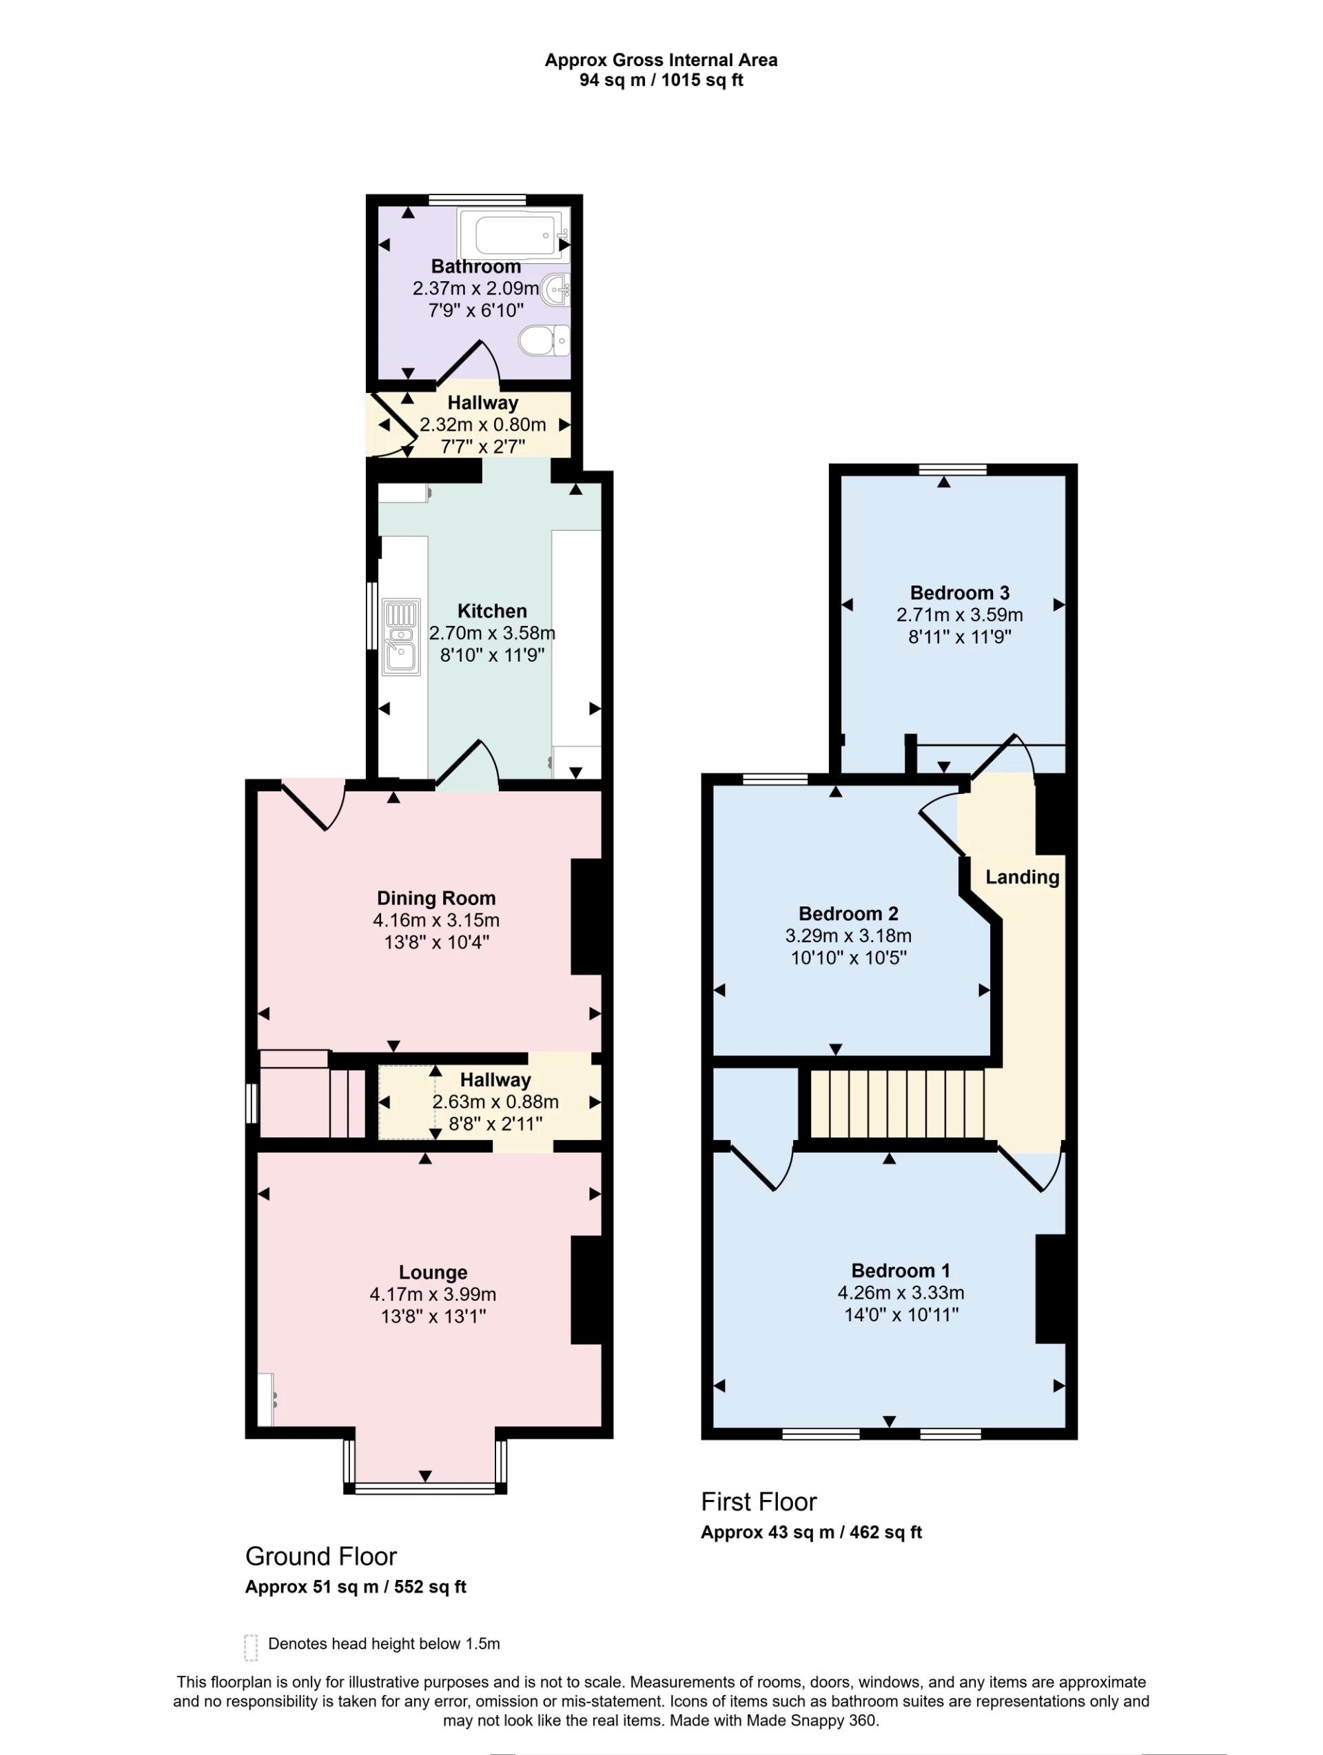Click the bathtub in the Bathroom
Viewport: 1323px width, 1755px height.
[x=513, y=235]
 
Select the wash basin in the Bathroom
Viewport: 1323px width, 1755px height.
[x=556, y=290]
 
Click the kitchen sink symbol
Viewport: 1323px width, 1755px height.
[x=401, y=636]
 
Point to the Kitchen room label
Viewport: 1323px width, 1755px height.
[x=492, y=611]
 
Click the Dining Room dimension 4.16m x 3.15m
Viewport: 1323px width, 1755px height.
[x=435, y=920]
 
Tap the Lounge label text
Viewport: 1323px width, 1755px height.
[x=432, y=1272]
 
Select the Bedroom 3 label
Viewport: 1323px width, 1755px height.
[x=959, y=593]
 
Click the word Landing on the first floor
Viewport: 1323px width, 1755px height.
[x=1022, y=877]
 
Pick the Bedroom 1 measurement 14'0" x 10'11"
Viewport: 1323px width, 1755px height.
[x=900, y=1315]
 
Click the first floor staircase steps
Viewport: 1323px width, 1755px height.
[x=896, y=1104]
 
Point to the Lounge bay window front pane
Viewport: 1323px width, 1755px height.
[x=424, y=1488]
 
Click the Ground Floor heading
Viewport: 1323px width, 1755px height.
[x=320, y=1556]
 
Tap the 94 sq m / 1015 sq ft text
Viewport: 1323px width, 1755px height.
[x=661, y=80]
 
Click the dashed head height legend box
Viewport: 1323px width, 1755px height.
[x=251, y=1648]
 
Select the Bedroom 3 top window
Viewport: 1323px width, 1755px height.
[x=952, y=469]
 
